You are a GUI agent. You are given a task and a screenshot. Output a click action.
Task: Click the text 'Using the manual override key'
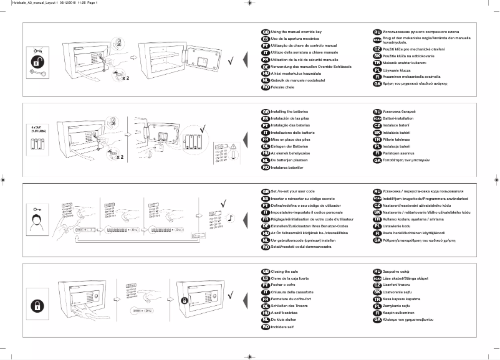[x=296, y=31]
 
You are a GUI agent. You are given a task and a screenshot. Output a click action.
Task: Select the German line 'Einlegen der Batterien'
[x=296, y=146]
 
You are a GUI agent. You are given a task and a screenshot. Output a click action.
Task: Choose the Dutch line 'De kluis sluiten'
[x=287, y=320]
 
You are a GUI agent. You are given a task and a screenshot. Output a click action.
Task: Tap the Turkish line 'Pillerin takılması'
[x=399, y=140]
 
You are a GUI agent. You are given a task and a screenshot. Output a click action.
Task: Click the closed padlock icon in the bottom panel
[x=39, y=305]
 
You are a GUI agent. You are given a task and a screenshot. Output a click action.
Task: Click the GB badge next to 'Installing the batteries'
[x=266, y=111]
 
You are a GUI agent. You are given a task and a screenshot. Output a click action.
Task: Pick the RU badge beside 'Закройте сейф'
[x=377, y=272]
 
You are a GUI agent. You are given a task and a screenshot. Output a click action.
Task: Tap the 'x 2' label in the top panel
[x=125, y=79]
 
